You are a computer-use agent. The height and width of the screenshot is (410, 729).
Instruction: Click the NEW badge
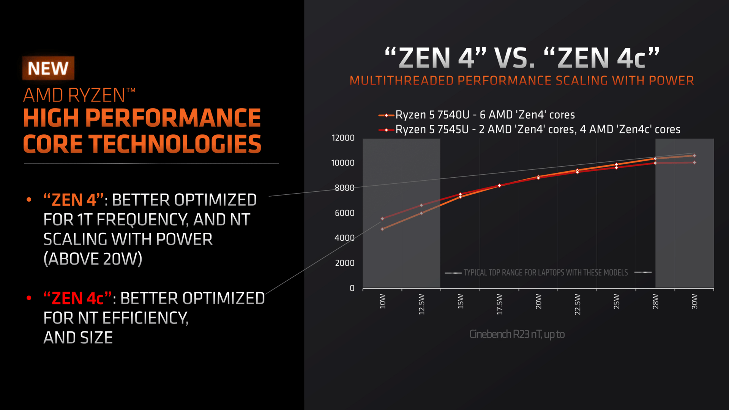click(x=48, y=68)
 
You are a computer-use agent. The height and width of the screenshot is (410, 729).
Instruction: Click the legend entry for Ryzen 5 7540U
click(x=485, y=115)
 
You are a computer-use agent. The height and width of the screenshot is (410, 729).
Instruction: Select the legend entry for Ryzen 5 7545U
click(x=538, y=129)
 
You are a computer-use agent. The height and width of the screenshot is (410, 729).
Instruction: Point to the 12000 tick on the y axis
click(x=343, y=138)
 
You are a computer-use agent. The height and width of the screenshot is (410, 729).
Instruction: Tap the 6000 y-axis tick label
click(x=344, y=213)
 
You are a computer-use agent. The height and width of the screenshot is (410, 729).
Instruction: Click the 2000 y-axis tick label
click(x=344, y=263)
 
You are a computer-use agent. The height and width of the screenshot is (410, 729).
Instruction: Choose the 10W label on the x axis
click(x=382, y=301)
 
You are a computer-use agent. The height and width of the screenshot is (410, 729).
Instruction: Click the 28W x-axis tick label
click(x=655, y=301)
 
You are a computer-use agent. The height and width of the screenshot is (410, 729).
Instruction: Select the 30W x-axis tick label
click(x=694, y=301)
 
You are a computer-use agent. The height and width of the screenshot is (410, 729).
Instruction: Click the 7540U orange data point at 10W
click(x=382, y=229)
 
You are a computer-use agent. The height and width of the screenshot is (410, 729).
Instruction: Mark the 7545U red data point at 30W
click(x=694, y=162)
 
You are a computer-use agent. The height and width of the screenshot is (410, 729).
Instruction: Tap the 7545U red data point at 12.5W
click(x=421, y=205)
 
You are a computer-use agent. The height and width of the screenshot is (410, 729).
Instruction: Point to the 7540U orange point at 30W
click(x=694, y=156)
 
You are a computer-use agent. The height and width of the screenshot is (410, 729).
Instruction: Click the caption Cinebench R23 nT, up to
click(x=517, y=334)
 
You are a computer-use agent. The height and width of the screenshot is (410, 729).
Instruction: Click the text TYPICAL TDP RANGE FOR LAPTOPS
click(x=546, y=273)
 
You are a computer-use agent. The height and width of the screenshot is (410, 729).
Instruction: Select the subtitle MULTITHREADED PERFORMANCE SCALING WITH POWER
click(x=522, y=80)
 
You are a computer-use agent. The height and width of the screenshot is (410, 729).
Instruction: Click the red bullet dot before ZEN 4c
click(x=29, y=298)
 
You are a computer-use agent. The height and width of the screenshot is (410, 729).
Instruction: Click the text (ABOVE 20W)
click(x=93, y=259)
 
